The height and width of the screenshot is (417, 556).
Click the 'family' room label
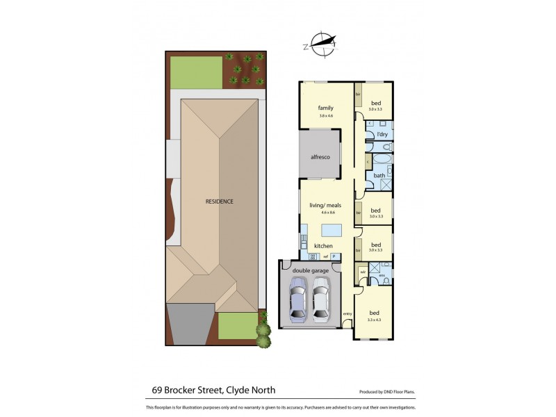pos(325,108)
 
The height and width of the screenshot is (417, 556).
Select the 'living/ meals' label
pos(325,206)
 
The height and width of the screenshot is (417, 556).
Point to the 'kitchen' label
pos(323,246)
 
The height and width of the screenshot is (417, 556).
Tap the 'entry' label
pos(347,313)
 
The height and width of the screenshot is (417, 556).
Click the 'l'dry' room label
pos(382,134)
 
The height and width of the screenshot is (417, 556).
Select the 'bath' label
pos(379,175)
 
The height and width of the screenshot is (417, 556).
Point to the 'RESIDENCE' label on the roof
pos(219,202)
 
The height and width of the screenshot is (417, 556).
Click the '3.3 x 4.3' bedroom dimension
pos(375,320)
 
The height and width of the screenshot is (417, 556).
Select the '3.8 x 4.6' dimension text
pos(325,116)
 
